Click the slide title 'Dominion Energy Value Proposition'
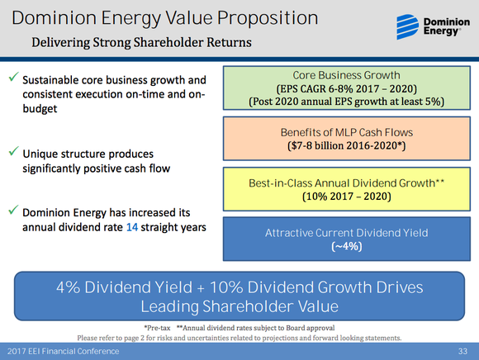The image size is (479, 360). click(158, 17)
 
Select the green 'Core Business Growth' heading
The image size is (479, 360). click(348, 74)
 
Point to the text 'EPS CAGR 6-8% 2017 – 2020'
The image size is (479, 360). click(348, 88)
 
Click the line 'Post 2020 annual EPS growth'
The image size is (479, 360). click(348, 102)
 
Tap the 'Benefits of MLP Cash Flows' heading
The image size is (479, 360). click(348, 131)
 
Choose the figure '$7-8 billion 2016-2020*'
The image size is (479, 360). click(348, 145)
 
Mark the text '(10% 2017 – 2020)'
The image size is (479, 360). click(348, 197)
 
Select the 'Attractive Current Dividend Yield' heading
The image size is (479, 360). click(348, 233)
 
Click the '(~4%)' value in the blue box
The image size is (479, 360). click(348, 247)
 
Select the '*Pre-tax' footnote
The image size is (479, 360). click(154, 327)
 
